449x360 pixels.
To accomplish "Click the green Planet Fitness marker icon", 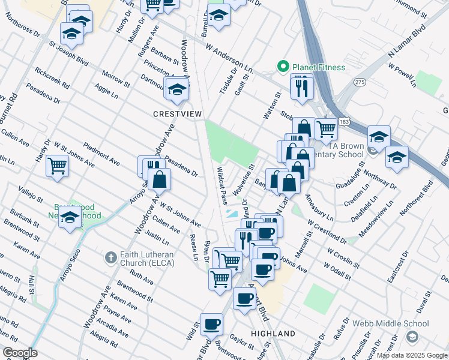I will [280, 66].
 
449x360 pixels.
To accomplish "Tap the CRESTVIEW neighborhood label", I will [178, 113].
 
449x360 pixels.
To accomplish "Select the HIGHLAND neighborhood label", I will [273, 333].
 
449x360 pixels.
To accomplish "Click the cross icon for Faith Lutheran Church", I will [109, 257].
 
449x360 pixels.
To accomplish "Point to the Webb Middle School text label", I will [396, 323].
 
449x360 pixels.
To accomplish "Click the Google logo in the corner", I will [19, 353].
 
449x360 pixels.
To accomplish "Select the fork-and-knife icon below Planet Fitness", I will [302, 87].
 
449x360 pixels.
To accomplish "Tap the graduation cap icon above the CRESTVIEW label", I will [177, 89].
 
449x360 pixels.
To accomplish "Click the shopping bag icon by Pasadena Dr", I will [159, 179].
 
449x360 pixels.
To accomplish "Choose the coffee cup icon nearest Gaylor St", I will [211, 325].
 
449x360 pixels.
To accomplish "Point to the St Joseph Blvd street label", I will [68, 53].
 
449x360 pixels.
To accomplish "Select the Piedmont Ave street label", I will [101, 153].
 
